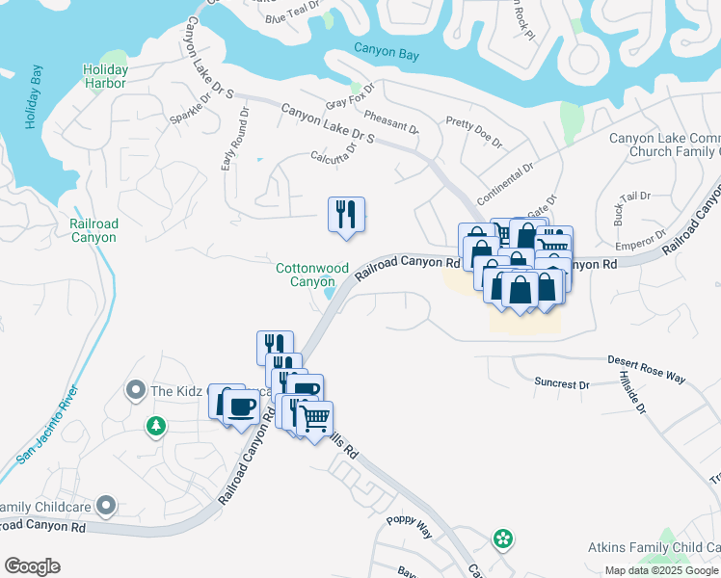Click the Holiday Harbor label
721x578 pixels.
tap(105, 76)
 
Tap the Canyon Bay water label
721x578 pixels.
tap(387, 50)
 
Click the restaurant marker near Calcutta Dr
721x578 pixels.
tap(347, 215)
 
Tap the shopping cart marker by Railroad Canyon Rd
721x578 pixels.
tap(314, 419)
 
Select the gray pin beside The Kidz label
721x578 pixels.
tap(135, 390)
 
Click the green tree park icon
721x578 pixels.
tap(155, 425)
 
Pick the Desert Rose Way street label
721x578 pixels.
tap(646, 369)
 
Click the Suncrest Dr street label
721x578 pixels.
tap(561, 384)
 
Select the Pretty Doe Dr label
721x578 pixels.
tap(474, 133)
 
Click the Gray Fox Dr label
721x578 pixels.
tap(349, 101)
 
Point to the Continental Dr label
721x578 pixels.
tap(504, 182)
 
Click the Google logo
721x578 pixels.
tap(32, 566)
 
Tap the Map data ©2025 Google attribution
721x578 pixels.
tap(661, 570)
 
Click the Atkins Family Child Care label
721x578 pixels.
tap(654, 547)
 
